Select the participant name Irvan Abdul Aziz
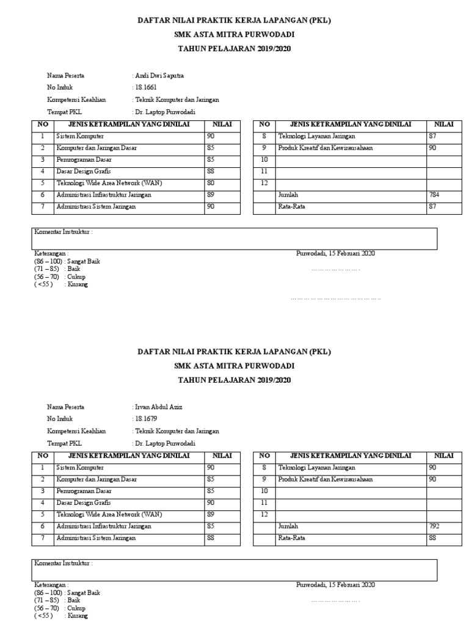[x=158, y=407]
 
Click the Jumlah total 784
[x=434, y=195]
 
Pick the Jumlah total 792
[x=434, y=526]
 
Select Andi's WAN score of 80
[x=211, y=183]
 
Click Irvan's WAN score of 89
[x=211, y=515]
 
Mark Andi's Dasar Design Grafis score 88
[x=211, y=172]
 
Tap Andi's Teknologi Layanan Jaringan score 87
[x=432, y=136]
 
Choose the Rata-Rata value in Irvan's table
[x=432, y=538]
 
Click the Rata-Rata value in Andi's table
[x=432, y=207]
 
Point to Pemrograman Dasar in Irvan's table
[x=84, y=491]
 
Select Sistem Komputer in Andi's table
[x=80, y=136]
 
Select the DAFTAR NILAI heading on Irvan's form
[x=234, y=352]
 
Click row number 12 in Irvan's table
[x=264, y=515]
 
